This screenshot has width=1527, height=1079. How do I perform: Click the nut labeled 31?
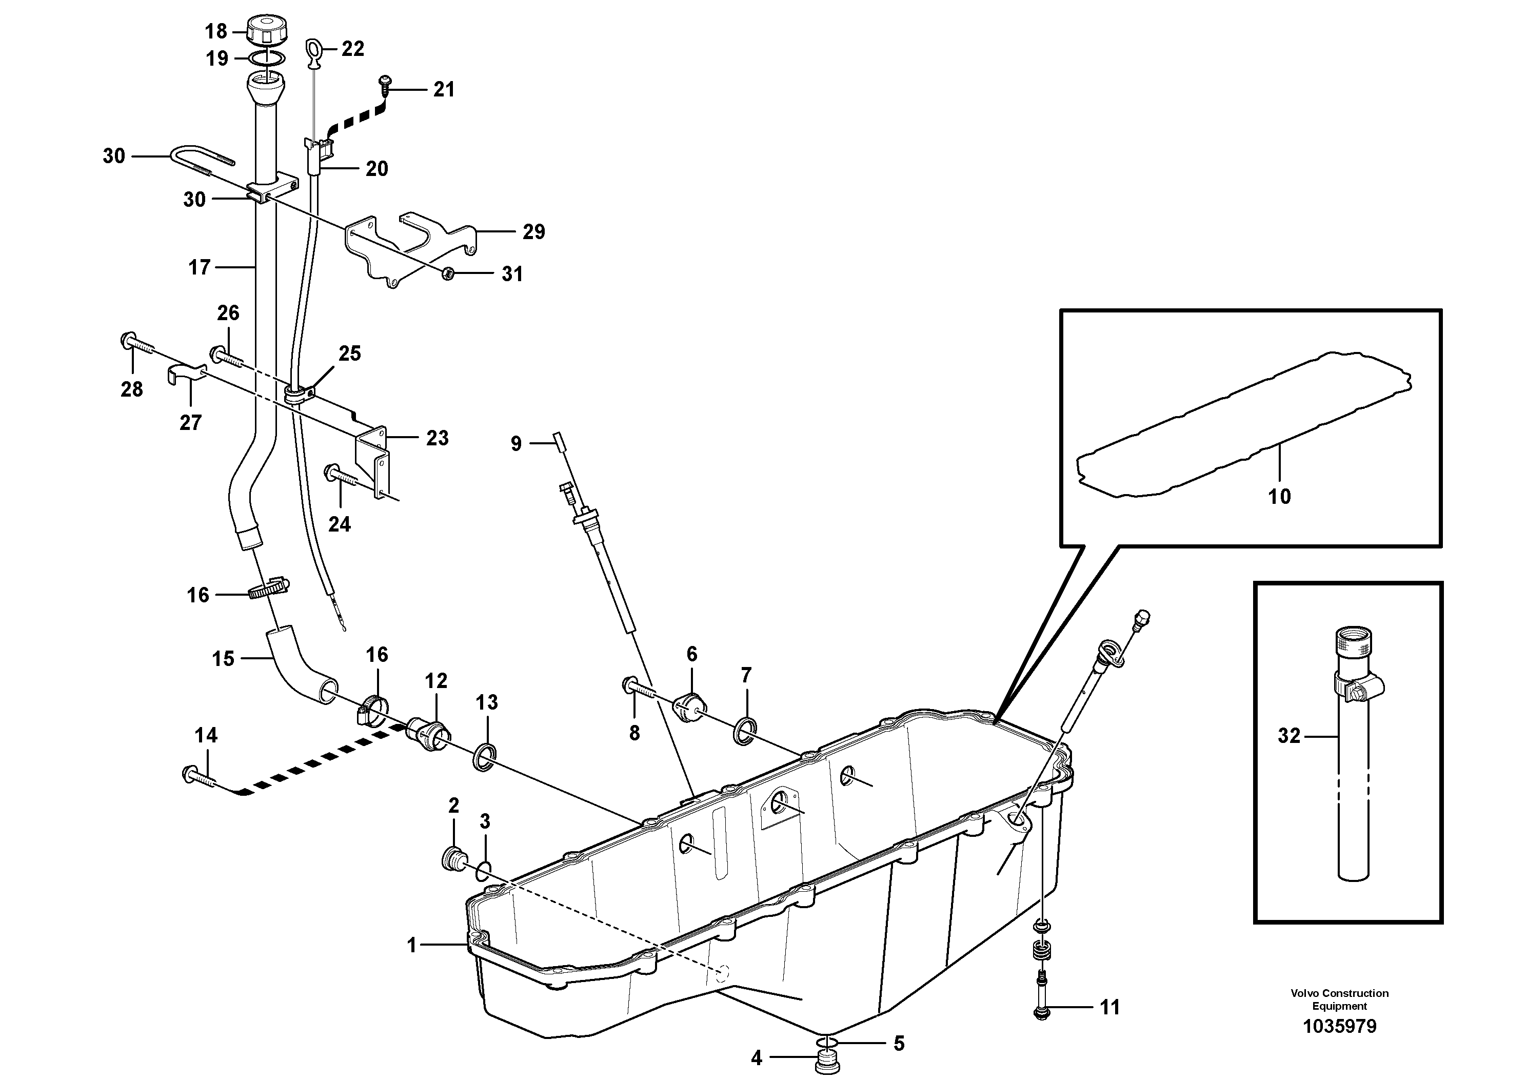(x=449, y=273)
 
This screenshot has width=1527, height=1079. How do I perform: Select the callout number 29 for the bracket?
(x=533, y=231)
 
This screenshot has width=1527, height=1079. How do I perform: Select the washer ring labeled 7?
(x=745, y=732)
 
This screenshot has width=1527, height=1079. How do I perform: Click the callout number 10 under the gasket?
(x=1279, y=496)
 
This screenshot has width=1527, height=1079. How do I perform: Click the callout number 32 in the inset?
(x=1289, y=735)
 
